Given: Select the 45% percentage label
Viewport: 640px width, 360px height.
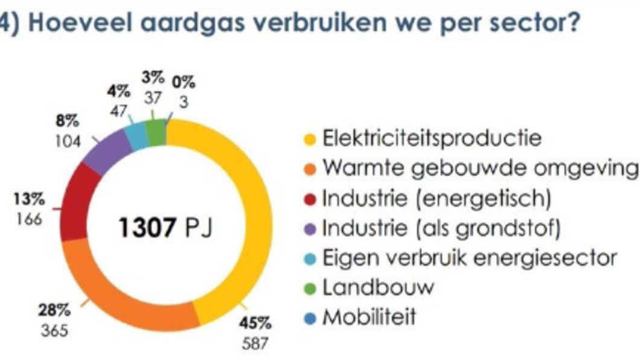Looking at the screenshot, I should click(x=255, y=321).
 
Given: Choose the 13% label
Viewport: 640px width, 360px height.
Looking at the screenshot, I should click(x=28, y=199).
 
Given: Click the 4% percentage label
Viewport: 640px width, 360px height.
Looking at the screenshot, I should click(x=119, y=92).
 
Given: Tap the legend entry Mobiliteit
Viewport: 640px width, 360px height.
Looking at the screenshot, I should click(x=369, y=317).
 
